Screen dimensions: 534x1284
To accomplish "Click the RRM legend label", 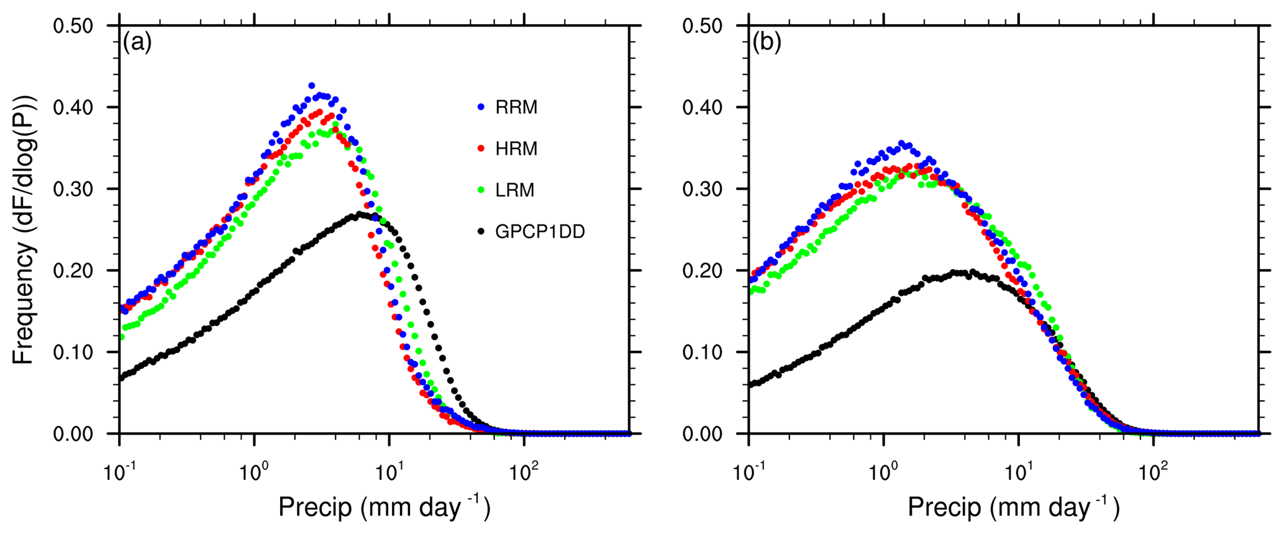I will (x=516, y=108).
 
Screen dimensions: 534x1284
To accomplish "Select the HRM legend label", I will (x=516, y=149).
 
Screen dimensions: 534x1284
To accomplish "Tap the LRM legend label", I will (x=515, y=190).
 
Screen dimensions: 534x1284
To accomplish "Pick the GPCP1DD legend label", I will (x=540, y=232).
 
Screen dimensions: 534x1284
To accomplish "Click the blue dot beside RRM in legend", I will (x=480, y=108).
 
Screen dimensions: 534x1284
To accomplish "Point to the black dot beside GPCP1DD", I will (x=480, y=232).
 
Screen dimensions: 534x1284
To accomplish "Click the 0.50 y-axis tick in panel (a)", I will (x=73, y=26).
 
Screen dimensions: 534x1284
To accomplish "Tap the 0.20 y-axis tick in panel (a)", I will (x=73, y=270).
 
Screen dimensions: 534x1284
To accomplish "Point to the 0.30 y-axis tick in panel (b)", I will (x=703, y=189).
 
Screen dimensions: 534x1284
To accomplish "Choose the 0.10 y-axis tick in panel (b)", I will (x=703, y=352).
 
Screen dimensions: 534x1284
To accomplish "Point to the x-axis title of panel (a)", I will (x=384, y=507).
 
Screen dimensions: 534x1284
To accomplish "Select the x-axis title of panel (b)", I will (x=1013, y=507).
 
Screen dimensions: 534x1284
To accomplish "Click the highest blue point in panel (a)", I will (x=312, y=86).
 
